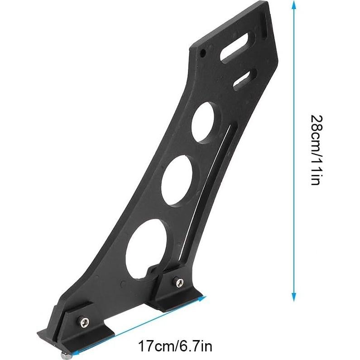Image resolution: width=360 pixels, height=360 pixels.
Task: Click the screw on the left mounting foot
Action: coord(84,322)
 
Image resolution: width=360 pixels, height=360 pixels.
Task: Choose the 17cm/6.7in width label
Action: coord(175,348)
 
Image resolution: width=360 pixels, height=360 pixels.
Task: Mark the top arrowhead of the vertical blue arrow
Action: coord(294,5)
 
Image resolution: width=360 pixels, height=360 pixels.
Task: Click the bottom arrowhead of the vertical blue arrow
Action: coord(294,297)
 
